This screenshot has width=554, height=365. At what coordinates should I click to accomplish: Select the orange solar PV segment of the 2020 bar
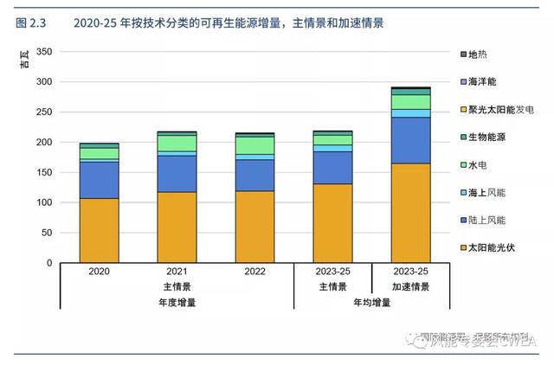tap(99, 230)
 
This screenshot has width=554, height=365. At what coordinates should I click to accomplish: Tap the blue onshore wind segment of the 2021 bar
tap(177, 174)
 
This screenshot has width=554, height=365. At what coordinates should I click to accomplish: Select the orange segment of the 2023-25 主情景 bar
tap(332, 223)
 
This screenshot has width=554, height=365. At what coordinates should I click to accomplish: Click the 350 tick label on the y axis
tap(44, 52)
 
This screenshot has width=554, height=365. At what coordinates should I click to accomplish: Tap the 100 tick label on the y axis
tap(44, 202)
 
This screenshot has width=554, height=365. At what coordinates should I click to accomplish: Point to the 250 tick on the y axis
tap(44, 112)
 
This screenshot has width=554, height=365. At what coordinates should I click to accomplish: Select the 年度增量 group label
tap(177, 302)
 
